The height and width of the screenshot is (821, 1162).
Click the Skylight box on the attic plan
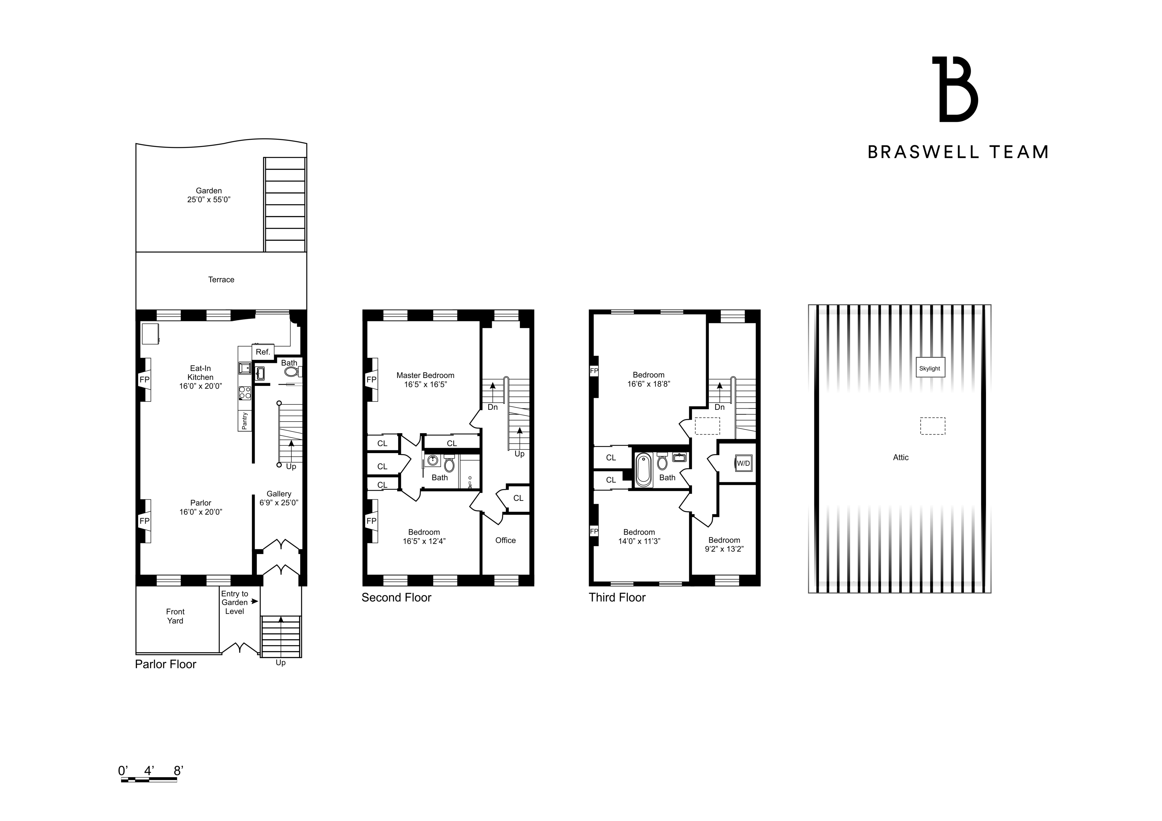(x=930, y=368)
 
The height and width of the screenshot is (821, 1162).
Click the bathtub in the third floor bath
(x=643, y=470)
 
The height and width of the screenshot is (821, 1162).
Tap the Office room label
(x=505, y=540)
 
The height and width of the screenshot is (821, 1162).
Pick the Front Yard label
(x=175, y=616)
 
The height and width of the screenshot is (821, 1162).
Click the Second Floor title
(x=396, y=598)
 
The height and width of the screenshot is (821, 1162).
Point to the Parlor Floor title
(x=165, y=664)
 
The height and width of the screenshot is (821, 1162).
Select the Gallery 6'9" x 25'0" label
(x=279, y=498)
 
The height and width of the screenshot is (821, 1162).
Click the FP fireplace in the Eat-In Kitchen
(x=145, y=379)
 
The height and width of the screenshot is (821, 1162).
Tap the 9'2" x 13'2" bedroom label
(x=724, y=545)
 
